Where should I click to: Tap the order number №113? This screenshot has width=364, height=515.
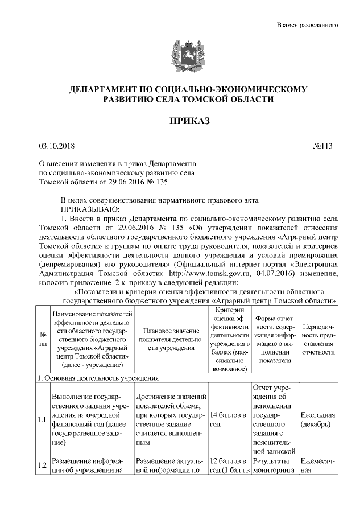coord(322,146)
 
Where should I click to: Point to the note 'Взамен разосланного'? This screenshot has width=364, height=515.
coord(308,25)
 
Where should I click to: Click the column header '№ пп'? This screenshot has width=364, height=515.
coord(43,340)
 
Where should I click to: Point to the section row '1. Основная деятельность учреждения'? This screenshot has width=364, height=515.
coord(97,378)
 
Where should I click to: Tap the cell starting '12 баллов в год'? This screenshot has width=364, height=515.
coord(227,465)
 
